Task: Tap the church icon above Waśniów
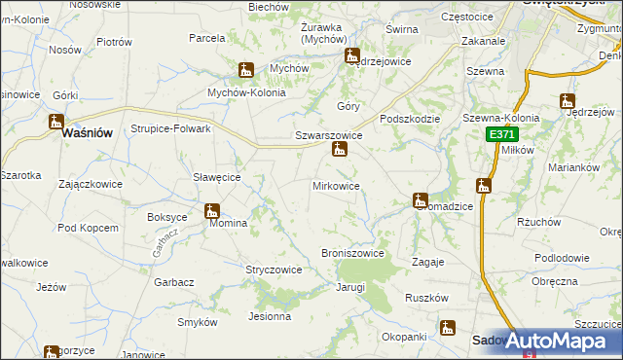coord(55,123)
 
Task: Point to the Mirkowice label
coord(336,185)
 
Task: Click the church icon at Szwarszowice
coord(339,150)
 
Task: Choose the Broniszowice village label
coord(352,253)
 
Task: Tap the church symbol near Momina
coord(212,210)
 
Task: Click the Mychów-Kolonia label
coord(246,92)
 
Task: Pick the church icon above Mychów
coord(246,70)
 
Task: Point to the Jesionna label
coord(270,315)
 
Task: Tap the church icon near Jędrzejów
coord(568,100)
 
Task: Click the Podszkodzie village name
coord(411,119)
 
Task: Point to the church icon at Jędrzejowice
coord(351,57)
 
